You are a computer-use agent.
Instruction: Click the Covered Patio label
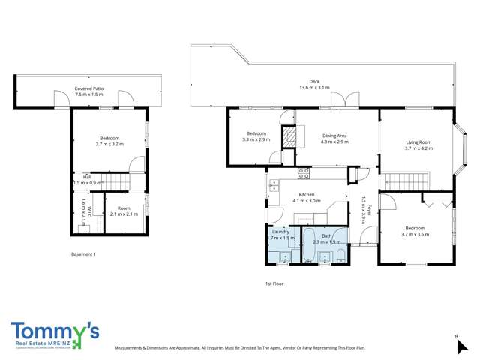[88, 88]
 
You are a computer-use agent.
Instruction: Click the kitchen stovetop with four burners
[304, 172]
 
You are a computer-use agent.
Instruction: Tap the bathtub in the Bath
[307, 244]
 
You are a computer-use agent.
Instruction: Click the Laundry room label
[280, 232]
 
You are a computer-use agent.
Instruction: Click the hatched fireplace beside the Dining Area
[289, 135]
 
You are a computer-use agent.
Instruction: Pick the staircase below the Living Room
[406, 181]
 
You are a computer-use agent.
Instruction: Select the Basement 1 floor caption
[83, 254]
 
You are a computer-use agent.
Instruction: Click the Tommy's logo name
[55, 330]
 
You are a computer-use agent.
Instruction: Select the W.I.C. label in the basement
[88, 212]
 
